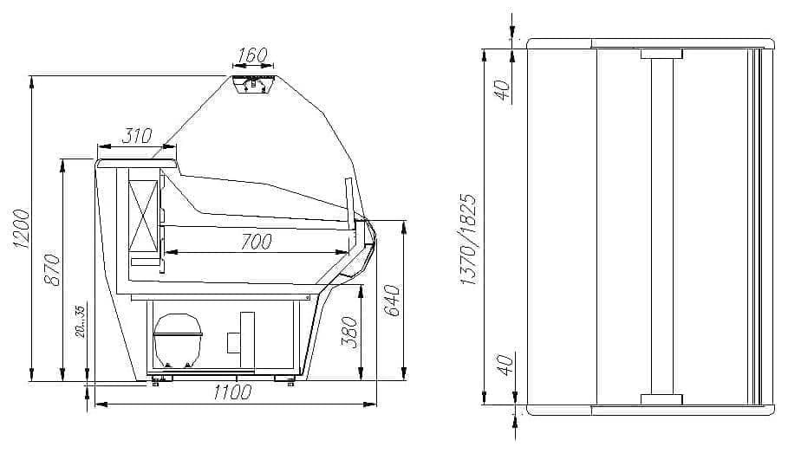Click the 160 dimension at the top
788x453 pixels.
coord(252,55)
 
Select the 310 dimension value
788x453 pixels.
coord(136,136)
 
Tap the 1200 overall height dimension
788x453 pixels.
coord(23,228)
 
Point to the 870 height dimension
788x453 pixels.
coord(52,270)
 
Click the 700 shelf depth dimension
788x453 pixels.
coord(257,242)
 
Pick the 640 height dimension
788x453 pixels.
coord(393,301)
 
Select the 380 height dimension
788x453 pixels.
coord(349,332)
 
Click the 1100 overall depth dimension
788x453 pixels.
coord(231,392)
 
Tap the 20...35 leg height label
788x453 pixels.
coord(81,321)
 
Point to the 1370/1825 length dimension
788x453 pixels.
coord(468,239)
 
